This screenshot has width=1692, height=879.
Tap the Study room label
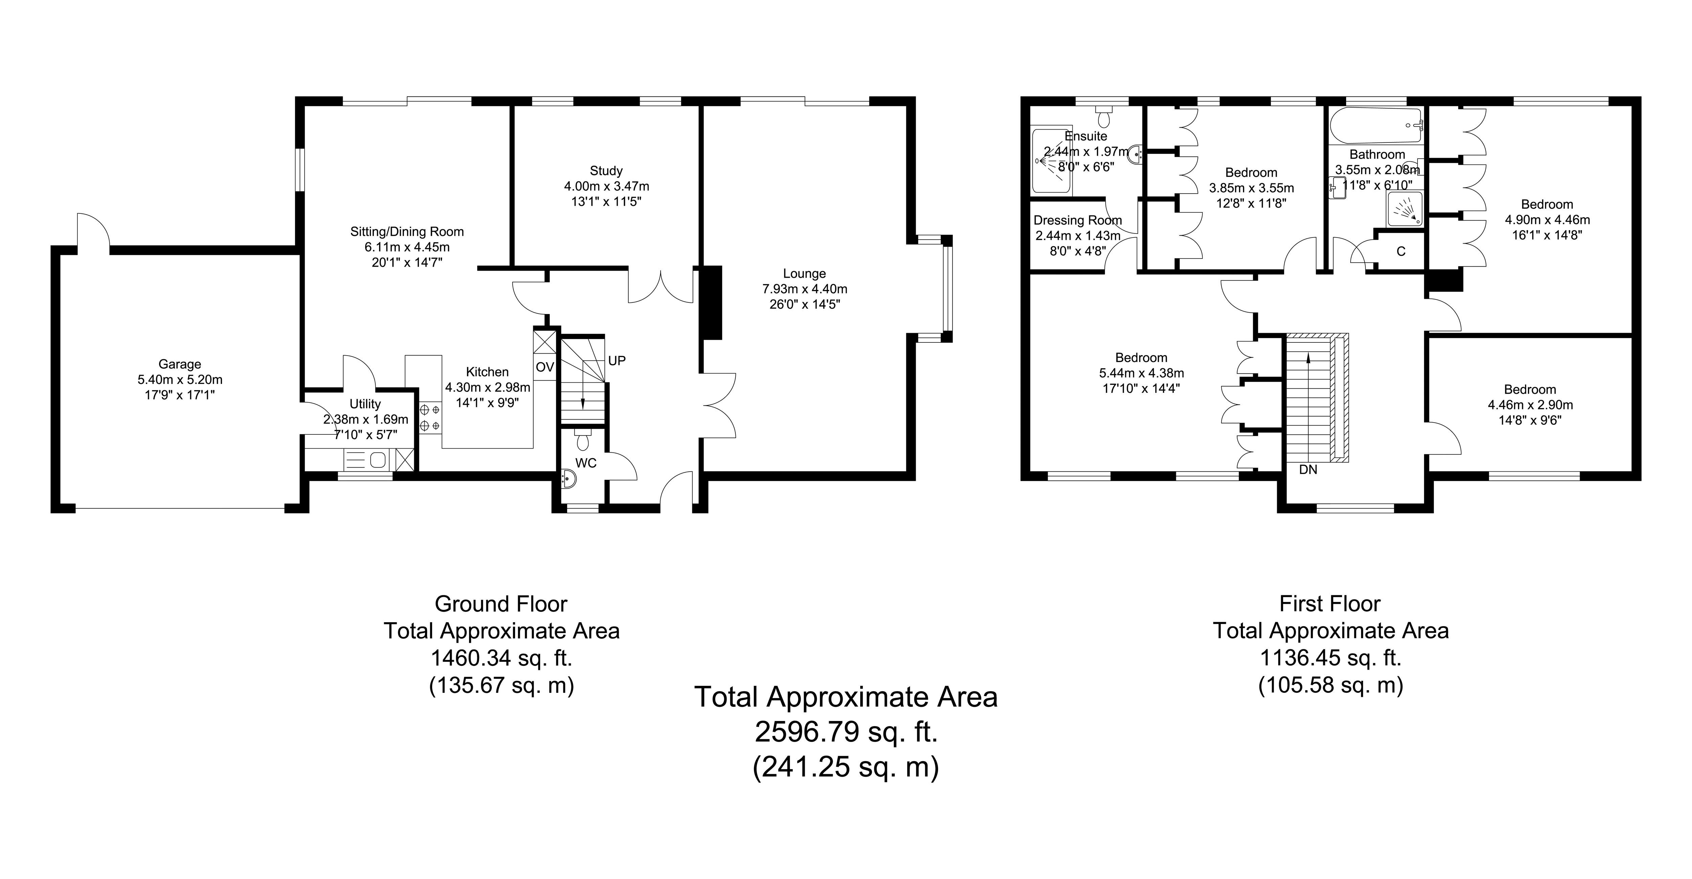(x=606, y=171)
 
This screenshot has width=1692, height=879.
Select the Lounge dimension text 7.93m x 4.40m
(x=805, y=289)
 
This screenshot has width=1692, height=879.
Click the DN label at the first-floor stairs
(x=1308, y=470)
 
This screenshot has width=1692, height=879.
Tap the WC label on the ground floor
(x=586, y=463)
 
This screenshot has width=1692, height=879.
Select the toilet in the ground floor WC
(x=582, y=439)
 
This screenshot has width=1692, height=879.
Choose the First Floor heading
(x=1330, y=603)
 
